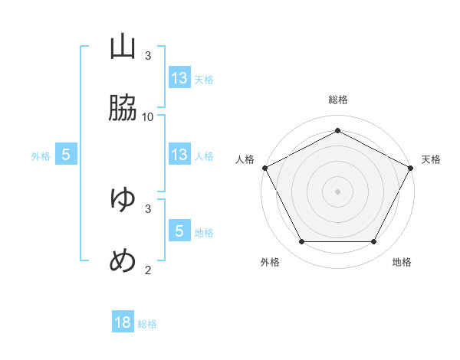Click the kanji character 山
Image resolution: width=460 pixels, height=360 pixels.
tap(123, 47)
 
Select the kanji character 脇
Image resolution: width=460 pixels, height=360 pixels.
tap(123, 107)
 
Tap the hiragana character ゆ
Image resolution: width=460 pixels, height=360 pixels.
tap(123, 198)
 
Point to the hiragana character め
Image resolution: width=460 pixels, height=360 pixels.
tap(123, 260)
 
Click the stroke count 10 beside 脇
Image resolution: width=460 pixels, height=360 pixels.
tap(147, 117)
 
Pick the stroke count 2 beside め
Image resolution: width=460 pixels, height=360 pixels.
tap(148, 270)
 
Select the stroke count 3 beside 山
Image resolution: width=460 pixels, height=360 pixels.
tap(148, 56)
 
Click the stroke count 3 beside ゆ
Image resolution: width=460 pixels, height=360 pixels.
tap(148, 209)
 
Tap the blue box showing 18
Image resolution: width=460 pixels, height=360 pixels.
tap(123, 321)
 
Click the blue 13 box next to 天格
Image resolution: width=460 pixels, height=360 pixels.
tap(180, 77)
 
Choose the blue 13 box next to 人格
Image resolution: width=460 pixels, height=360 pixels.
tap(180, 154)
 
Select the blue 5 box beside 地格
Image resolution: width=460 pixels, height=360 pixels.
tap(180, 230)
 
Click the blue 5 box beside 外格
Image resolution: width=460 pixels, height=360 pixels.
tap(66, 154)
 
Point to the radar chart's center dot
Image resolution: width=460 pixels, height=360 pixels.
tap(337, 191)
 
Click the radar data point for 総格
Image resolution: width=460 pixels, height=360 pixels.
tap(337, 130)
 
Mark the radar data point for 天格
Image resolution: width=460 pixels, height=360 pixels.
tap(411, 168)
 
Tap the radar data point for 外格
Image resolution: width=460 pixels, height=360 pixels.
tap(301, 241)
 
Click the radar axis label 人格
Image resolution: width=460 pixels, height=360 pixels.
tap(245, 159)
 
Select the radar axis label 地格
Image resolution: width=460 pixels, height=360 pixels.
tap(402, 262)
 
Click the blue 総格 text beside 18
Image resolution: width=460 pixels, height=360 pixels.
tap(147, 324)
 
